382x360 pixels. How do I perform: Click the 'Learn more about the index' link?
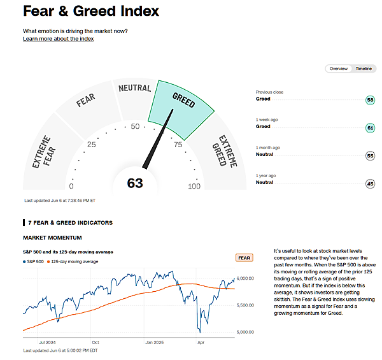click(x=58, y=39)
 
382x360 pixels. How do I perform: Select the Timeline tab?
click(x=364, y=69)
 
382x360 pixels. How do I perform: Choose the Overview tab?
click(x=339, y=69)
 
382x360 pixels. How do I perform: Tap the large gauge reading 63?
click(x=135, y=184)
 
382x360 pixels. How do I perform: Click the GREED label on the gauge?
click(x=183, y=101)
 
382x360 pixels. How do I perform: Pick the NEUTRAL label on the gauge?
click(x=134, y=89)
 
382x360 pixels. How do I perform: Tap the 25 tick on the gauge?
click(x=92, y=145)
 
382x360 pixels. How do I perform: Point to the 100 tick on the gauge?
click(x=194, y=187)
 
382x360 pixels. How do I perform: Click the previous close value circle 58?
click(x=370, y=100)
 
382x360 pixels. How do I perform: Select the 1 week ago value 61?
click(x=370, y=127)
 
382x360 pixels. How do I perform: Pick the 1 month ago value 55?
click(x=370, y=155)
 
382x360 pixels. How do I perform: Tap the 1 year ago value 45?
click(x=370, y=184)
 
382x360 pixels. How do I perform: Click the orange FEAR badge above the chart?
click(x=244, y=257)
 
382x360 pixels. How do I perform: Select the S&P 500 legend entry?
click(x=36, y=262)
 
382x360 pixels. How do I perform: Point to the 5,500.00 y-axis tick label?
click(x=246, y=306)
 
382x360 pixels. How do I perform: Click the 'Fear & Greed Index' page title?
click(x=91, y=11)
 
